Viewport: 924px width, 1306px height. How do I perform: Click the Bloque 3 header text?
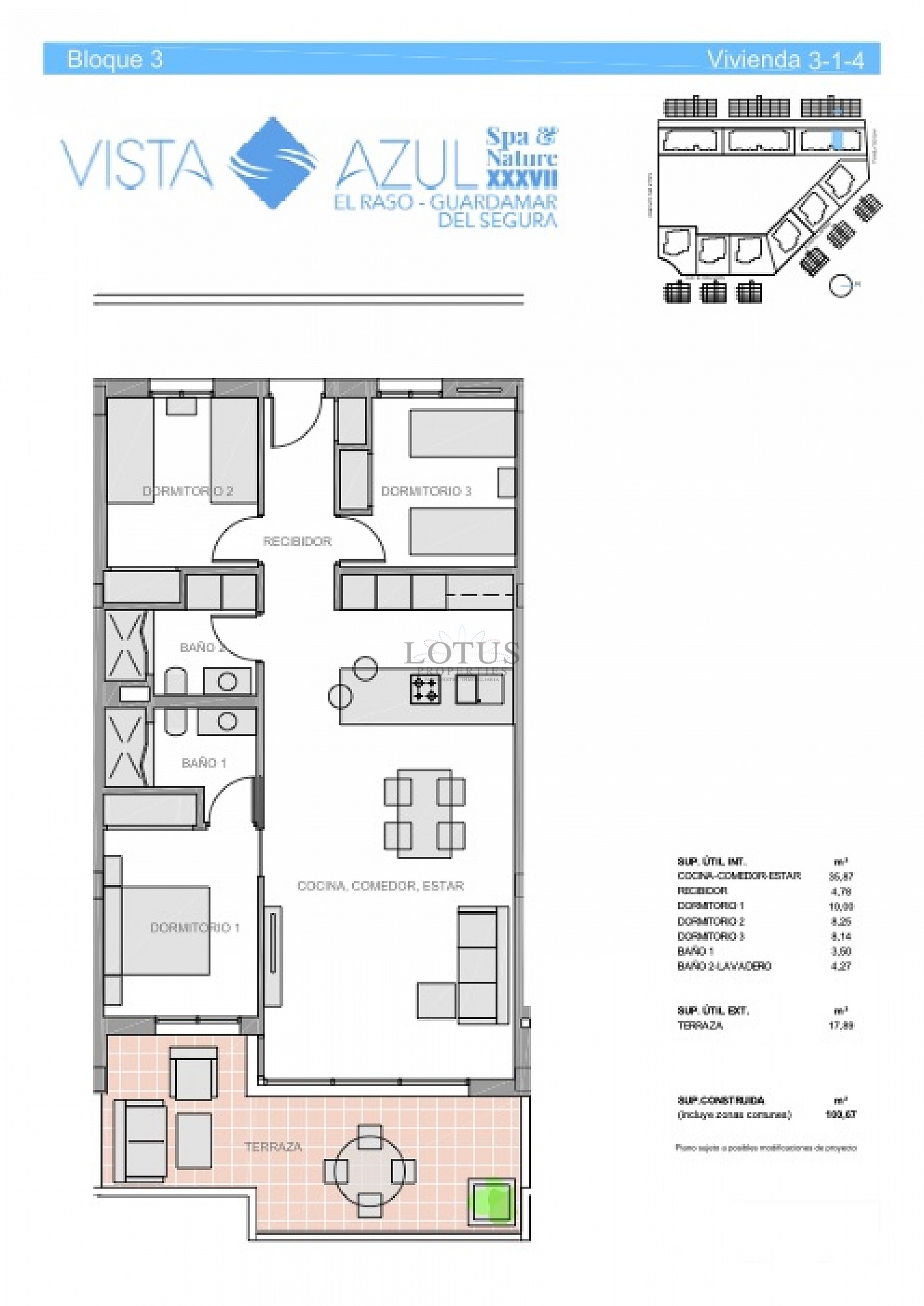[115, 59]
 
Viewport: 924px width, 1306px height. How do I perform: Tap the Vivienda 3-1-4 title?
[785, 59]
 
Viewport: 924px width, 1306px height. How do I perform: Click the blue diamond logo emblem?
[274, 163]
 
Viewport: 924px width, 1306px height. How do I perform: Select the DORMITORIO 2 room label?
[187, 491]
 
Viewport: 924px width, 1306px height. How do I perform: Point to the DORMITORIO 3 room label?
[426, 491]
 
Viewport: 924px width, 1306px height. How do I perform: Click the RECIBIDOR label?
[296, 541]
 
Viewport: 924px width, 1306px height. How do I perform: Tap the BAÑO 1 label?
[204, 763]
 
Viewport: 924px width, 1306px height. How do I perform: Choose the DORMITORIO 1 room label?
[194, 927]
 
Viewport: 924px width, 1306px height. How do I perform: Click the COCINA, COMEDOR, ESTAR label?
[380, 885]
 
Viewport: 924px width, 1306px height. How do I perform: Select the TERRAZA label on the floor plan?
[272, 1147]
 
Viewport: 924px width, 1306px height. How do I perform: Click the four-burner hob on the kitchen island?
[425, 690]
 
